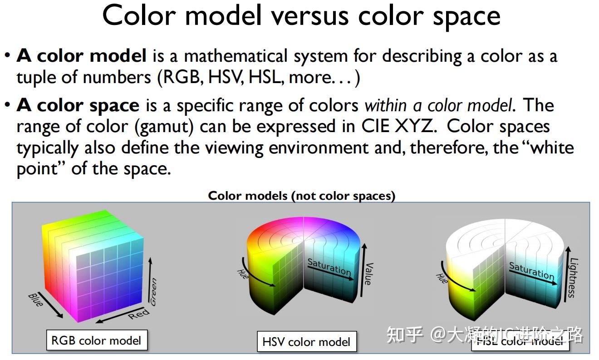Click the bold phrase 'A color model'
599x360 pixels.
tap(82, 56)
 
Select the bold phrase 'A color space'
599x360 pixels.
tap(78, 105)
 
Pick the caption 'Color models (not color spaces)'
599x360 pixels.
tap(302, 196)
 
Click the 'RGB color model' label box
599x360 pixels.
tap(97, 340)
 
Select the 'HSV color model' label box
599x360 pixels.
tap(306, 342)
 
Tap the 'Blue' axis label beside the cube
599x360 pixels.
tap(35, 300)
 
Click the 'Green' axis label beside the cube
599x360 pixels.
tap(153, 292)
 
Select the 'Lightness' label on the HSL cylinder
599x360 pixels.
tap(573, 278)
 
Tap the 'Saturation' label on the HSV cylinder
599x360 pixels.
tap(329, 267)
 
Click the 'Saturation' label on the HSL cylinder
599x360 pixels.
tap(531, 271)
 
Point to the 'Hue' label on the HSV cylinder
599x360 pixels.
tap(243, 274)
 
